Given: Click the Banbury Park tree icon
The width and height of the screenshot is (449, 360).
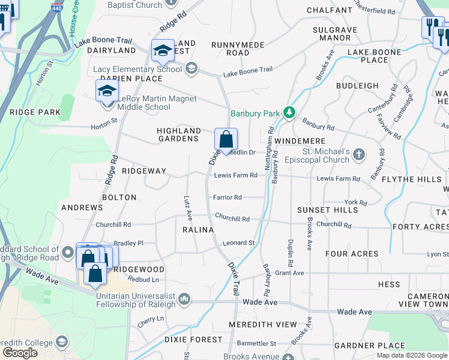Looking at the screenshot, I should [x=289, y=113].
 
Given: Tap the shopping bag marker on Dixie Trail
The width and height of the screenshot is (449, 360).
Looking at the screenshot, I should [x=226, y=140].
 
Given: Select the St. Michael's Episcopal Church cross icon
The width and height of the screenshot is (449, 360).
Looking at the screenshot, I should [x=359, y=155].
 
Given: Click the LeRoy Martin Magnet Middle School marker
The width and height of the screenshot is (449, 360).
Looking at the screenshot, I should [x=107, y=92].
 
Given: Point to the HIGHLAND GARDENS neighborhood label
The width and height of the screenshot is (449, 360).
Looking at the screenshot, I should [x=178, y=134].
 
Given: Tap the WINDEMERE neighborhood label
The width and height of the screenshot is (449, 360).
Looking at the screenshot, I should [x=300, y=140].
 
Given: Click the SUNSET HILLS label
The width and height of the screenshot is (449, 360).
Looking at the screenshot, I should [x=328, y=210].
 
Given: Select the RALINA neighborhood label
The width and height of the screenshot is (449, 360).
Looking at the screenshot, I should [x=198, y=230].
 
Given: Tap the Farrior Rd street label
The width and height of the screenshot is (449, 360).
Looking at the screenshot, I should [x=228, y=197].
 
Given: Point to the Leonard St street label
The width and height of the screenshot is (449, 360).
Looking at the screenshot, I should [x=239, y=243].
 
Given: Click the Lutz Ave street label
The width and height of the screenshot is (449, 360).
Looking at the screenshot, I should [x=188, y=206].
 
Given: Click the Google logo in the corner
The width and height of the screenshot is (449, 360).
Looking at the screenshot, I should [x=20, y=353].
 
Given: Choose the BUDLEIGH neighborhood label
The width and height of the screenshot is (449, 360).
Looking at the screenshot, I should [x=357, y=86].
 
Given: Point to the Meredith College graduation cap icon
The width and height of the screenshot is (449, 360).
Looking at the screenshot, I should [x=61, y=342].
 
